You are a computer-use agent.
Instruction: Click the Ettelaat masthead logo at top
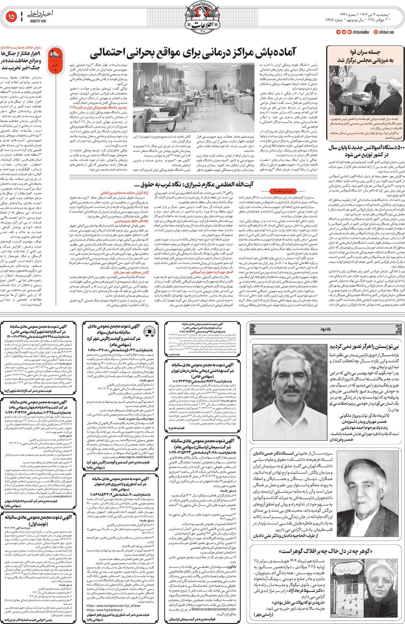(202, 17)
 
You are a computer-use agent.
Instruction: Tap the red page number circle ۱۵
(11, 16)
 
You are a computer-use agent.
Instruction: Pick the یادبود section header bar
(326, 329)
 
